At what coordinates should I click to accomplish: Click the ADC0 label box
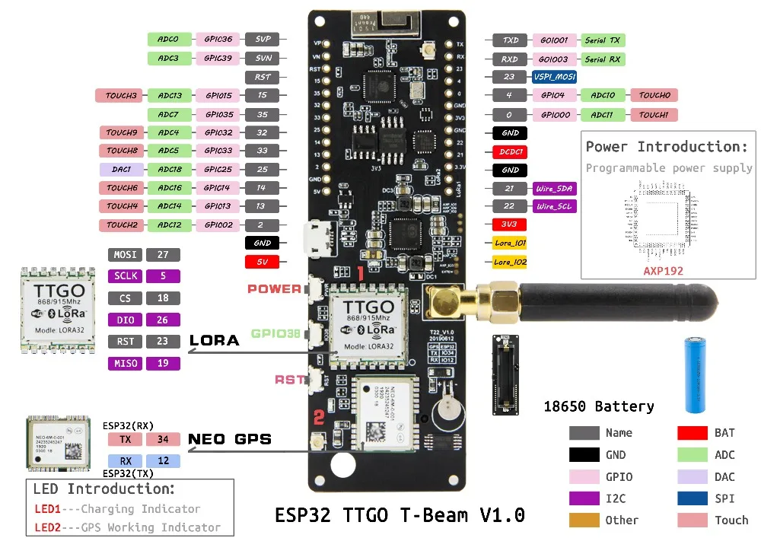click(x=168, y=39)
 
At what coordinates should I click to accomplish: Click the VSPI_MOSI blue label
click(x=553, y=77)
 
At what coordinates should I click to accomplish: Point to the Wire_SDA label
click(x=555, y=188)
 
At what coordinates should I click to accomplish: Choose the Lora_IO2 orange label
click(x=510, y=262)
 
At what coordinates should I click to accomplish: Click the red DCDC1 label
click(x=511, y=151)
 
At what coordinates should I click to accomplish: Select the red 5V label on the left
click(x=263, y=262)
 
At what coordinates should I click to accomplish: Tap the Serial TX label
click(x=603, y=40)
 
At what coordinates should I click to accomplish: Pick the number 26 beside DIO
click(x=162, y=320)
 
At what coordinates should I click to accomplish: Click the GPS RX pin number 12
click(x=163, y=460)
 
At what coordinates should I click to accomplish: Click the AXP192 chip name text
click(x=663, y=270)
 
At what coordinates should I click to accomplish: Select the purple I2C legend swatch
click(x=584, y=498)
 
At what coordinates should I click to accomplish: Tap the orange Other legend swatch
click(x=584, y=520)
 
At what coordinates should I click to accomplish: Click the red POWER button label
click(x=274, y=289)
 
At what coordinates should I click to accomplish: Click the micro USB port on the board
click(x=314, y=238)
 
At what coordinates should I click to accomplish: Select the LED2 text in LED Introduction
click(x=47, y=527)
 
